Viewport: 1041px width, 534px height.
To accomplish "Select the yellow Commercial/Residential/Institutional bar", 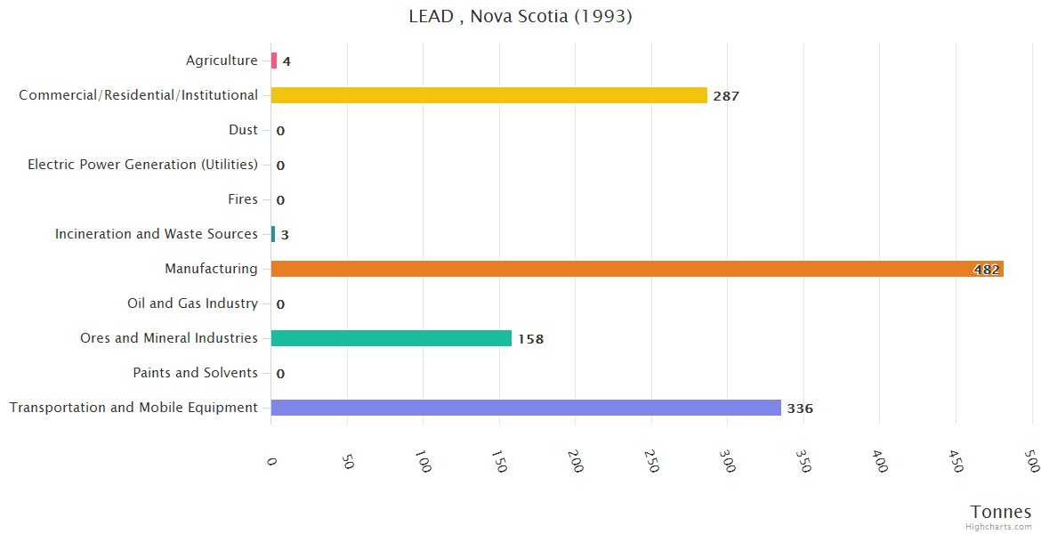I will click(x=488, y=95).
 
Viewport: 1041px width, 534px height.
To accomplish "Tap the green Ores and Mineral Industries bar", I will click(x=391, y=338).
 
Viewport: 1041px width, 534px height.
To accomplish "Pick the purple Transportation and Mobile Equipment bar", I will click(x=525, y=408).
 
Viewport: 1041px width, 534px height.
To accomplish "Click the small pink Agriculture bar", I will click(x=274, y=61).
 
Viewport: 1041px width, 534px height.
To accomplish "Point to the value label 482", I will click(x=986, y=270).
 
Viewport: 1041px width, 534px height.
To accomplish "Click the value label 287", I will click(x=726, y=96).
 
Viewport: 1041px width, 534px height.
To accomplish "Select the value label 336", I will click(x=800, y=409).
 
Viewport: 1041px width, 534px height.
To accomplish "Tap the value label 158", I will click(x=530, y=339).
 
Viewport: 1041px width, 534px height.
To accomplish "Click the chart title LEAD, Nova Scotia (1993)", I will click(x=520, y=16).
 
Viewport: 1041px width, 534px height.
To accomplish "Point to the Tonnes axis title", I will click(x=1001, y=512).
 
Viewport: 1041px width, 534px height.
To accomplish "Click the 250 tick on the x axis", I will click(x=652, y=463).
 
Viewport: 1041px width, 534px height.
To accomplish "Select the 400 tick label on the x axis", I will click(x=880, y=463).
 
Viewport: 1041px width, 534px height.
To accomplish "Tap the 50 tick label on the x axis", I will click(x=348, y=463).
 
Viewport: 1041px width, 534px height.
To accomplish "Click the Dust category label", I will click(x=243, y=130).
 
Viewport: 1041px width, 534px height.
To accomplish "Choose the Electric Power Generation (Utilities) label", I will click(x=142, y=165).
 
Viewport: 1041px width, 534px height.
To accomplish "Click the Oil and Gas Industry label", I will click(x=192, y=303).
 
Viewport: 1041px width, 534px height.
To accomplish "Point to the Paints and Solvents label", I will click(x=195, y=373).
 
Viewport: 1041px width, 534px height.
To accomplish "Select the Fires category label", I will click(x=242, y=199).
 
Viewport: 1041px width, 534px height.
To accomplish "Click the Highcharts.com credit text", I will click(x=999, y=527).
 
